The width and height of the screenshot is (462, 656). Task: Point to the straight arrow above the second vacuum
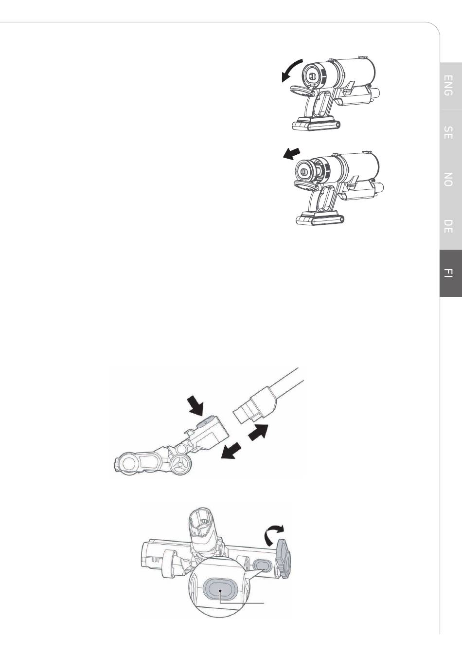tap(291, 154)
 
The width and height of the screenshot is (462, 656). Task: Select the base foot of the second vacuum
tap(320, 218)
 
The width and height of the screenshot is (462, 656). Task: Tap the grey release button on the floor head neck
tap(204, 422)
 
